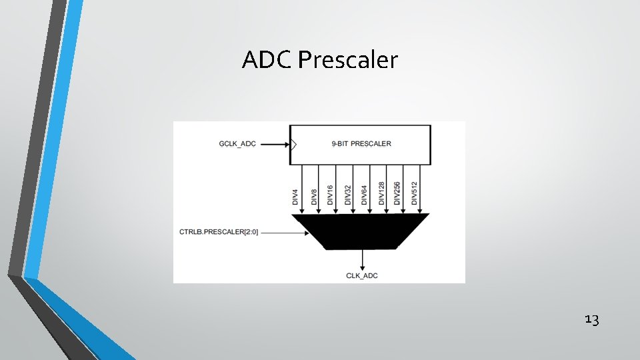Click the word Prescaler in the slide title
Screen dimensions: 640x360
(348, 61)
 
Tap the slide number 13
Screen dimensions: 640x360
(592, 320)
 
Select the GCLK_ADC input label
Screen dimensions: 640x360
(237, 143)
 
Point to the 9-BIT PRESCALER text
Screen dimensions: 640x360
(361, 143)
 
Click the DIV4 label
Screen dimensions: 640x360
(295, 197)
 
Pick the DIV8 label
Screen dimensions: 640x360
(313, 197)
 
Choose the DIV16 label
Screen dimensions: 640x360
(330, 195)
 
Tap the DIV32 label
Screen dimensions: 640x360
(347, 195)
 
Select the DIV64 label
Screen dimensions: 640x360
(364, 195)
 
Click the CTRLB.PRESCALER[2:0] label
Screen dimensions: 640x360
(219, 232)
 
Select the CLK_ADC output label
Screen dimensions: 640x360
(362, 275)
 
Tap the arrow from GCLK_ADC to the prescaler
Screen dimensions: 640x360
(273, 143)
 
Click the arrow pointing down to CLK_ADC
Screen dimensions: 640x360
(362, 259)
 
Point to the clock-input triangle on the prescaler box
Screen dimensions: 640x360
(293, 143)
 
